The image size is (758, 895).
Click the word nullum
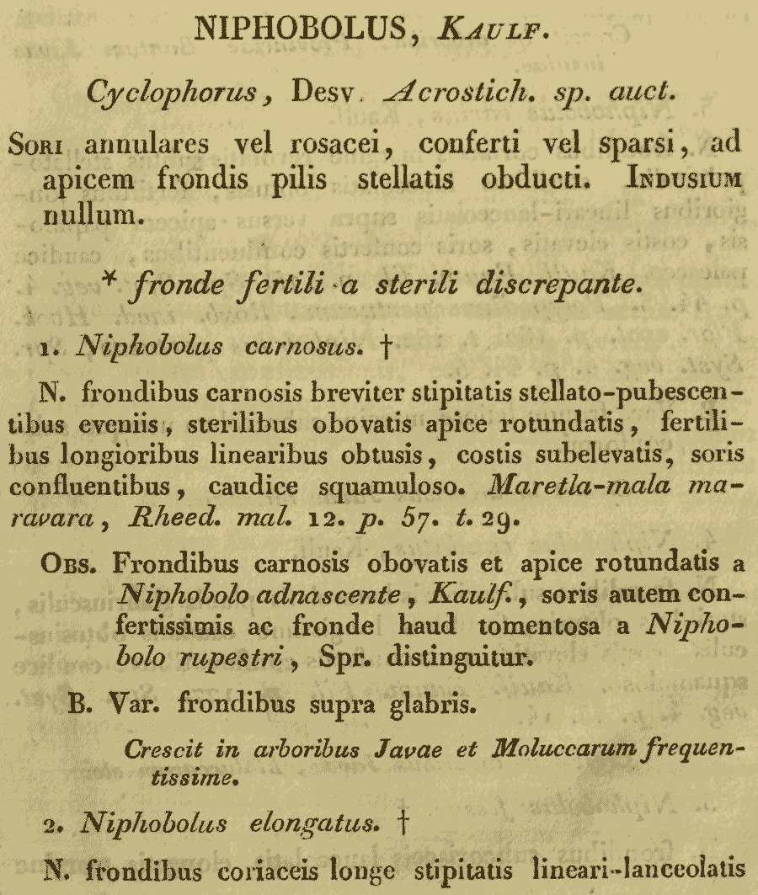coord(87,216)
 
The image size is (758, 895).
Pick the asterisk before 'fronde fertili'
coord(131,279)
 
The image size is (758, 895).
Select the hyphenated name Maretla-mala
coord(541,488)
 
